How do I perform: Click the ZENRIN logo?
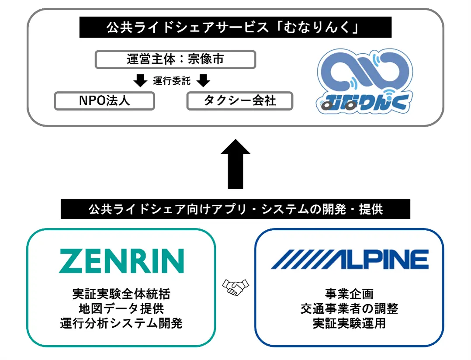click(x=121, y=261)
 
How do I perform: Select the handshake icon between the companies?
click(x=235, y=287)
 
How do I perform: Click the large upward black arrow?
click(x=235, y=164)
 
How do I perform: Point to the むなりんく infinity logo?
click(x=364, y=82)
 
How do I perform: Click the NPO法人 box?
click(x=104, y=100)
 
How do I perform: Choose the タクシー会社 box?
click(x=239, y=100)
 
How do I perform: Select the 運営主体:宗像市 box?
click(x=175, y=59)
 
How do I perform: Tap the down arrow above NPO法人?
click(x=141, y=81)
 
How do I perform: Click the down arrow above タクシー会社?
click(x=203, y=81)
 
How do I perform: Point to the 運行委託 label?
click(x=172, y=81)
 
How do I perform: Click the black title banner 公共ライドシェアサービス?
click(x=235, y=28)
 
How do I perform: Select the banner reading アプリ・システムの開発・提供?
click(x=235, y=209)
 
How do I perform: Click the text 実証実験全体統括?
click(x=121, y=294)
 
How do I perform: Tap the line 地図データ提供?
click(x=121, y=308)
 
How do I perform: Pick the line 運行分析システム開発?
click(x=121, y=323)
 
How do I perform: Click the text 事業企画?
click(x=349, y=294)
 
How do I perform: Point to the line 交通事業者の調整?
click(x=349, y=308)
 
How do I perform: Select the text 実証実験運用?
click(x=349, y=323)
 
